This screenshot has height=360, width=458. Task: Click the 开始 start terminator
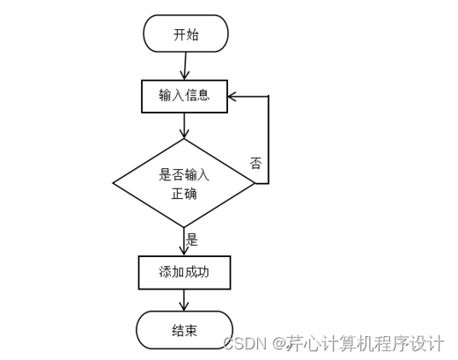point(185,33)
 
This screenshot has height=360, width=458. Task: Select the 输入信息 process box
point(185,96)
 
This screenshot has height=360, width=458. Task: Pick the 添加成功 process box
point(185,273)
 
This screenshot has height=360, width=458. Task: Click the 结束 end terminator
point(185,330)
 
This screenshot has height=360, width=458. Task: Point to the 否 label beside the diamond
point(255,163)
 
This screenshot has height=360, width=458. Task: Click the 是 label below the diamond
point(192,239)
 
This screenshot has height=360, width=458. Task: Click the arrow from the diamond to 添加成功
point(185,242)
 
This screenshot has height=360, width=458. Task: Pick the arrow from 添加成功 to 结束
point(185,299)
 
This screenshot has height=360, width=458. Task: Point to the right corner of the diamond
point(255,183)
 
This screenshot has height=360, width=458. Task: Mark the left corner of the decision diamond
point(114,183)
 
